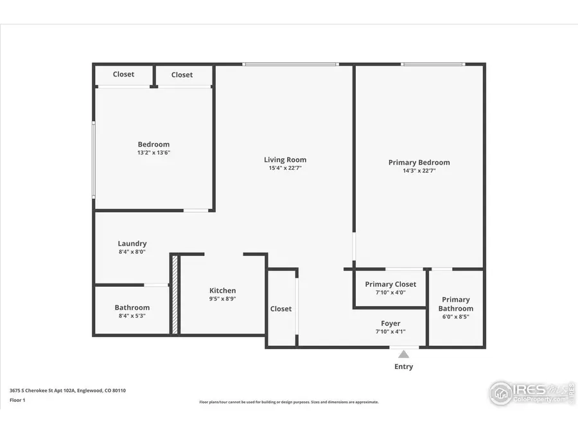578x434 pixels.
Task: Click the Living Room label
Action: click(x=285, y=159)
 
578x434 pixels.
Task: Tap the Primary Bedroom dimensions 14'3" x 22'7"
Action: click(x=419, y=171)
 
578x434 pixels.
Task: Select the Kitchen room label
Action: click(x=222, y=291)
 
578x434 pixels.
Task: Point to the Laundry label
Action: click(x=132, y=244)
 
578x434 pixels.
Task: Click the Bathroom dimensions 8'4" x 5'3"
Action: click(x=132, y=316)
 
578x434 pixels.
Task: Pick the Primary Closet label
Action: click(x=390, y=284)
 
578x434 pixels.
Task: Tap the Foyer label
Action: click(x=390, y=323)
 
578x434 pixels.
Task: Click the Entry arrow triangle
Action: click(x=403, y=354)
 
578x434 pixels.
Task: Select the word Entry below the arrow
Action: click(x=403, y=366)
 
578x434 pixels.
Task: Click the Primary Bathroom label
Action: click(x=455, y=304)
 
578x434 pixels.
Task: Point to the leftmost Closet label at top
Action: click(x=123, y=74)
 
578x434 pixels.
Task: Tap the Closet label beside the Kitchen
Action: click(x=281, y=309)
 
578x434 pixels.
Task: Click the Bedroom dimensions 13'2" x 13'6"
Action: click(x=153, y=153)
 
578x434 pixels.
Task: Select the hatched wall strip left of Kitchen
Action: click(x=174, y=294)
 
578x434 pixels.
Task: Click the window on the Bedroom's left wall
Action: click(x=94, y=159)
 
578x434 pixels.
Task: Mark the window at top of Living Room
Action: click(x=290, y=64)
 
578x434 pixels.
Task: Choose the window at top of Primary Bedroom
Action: click(x=432, y=64)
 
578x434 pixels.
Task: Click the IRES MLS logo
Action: click(x=530, y=392)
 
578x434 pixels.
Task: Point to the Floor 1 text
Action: click(x=17, y=399)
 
